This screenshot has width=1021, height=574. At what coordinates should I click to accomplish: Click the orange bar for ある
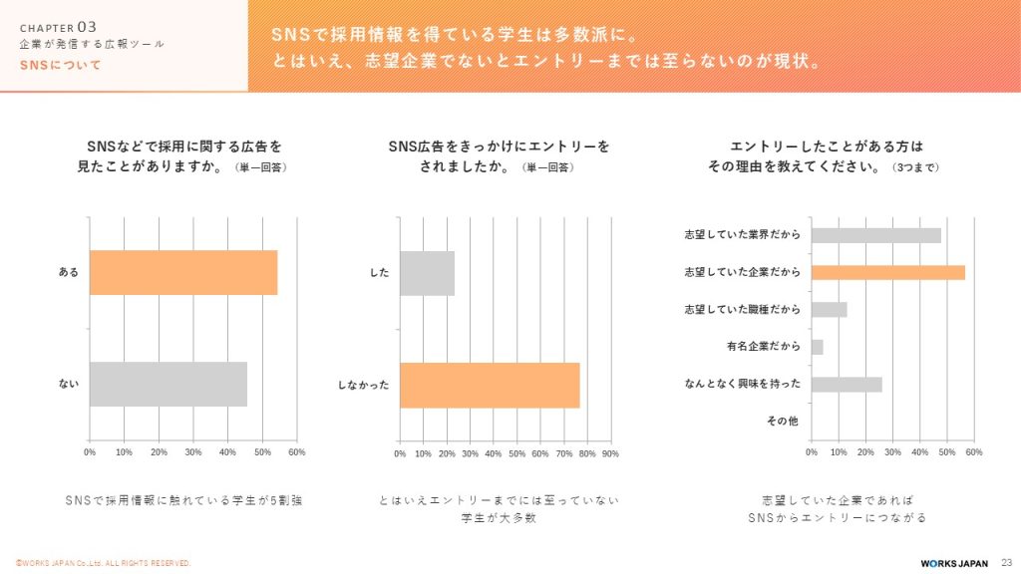(182, 272)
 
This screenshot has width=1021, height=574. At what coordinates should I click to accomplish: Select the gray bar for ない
(168, 384)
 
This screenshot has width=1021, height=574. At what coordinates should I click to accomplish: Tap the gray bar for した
(427, 272)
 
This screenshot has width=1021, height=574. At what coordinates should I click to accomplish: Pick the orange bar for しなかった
(490, 384)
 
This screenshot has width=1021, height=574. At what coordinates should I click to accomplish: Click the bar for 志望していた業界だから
(875, 235)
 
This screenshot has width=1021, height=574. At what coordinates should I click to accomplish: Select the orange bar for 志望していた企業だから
(887, 272)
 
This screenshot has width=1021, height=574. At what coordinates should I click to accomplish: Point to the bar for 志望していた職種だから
(829, 310)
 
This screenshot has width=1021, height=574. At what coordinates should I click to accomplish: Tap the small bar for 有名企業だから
(818, 347)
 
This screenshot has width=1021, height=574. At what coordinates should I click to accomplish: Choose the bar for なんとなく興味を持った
(847, 384)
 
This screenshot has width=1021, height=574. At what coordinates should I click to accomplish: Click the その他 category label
(783, 422)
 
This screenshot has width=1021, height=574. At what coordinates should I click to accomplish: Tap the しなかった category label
(363, 385)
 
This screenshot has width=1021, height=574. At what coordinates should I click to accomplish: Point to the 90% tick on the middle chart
(610, 453)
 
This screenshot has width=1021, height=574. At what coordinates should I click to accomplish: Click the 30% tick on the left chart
(193, 452)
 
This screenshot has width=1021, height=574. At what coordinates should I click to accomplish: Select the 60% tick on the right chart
(974, 452)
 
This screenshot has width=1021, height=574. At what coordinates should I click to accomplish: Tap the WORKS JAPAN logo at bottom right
(954, 563)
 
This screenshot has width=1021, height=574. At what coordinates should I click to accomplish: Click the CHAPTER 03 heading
(58, 27)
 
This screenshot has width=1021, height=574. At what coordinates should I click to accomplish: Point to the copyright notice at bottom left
(103, 563)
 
